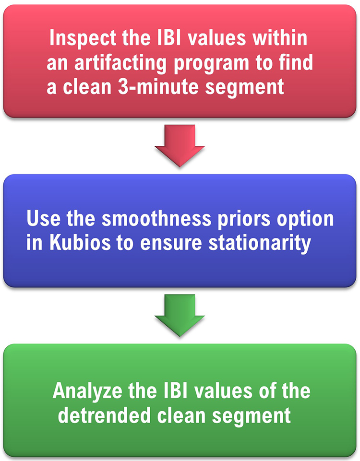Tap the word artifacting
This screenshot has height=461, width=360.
(x=120, y=63)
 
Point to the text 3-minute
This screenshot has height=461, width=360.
(x=158, y=87)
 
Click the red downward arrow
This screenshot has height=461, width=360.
(x=180, y=145)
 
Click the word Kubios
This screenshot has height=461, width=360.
(x=80, y=243)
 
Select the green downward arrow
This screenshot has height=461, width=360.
(x=180, y=315)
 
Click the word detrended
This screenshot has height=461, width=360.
(x=104, y=415)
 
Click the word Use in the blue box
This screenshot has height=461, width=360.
(x=43, y=219)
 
